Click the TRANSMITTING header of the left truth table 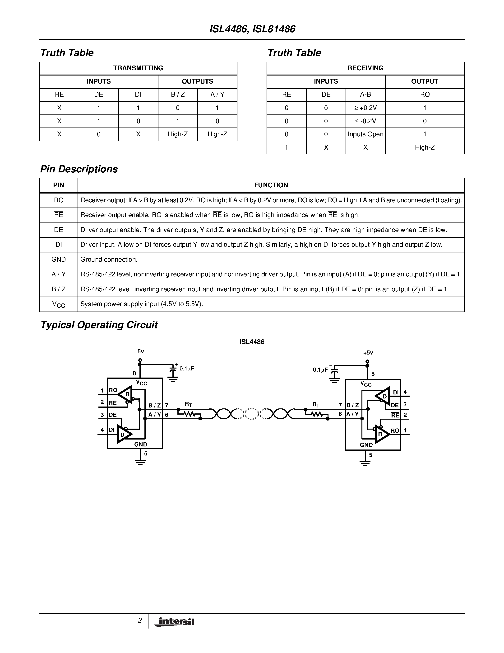point(138,68)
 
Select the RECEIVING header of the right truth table point(365,68)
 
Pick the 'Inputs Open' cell point(365,134)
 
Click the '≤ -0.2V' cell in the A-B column point(365,121)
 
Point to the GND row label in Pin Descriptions point(59,260)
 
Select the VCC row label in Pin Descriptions point(59,304)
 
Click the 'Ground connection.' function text point(109,260)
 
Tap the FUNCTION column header point(271,185)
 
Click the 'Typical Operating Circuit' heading point(99,325)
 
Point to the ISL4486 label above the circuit point(252,342)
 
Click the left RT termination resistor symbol point(189,414)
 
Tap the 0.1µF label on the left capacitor point(187,369)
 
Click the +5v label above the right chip point(368,353)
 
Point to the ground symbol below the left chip point(140,462)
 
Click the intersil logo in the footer point(174,622)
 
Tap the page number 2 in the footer point(140,620)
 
